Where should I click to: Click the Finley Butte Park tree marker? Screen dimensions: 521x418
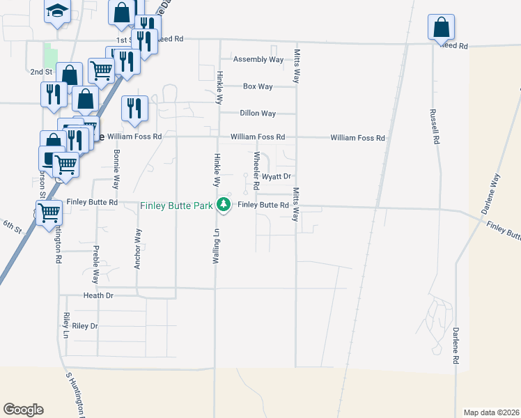(x=224, y=205)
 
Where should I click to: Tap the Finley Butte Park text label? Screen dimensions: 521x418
(x=176, y=206)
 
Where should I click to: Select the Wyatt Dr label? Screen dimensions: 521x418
(x=275, y=177)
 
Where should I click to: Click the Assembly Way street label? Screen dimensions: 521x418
(x=258, y=60)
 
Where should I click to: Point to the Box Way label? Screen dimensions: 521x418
(x=258, y=86)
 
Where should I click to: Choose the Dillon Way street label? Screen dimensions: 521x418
(x=258, y=113)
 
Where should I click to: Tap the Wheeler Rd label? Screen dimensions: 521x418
(x=256, y=169)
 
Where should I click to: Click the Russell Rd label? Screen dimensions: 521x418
(x=435, y=126)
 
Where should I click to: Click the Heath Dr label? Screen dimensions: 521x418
(x=98, y=295)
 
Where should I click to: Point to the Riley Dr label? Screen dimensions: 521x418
(x=85, y=325)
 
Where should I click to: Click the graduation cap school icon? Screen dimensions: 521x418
(x=58, y=11)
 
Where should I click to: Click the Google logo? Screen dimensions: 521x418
(x=23, y=410)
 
